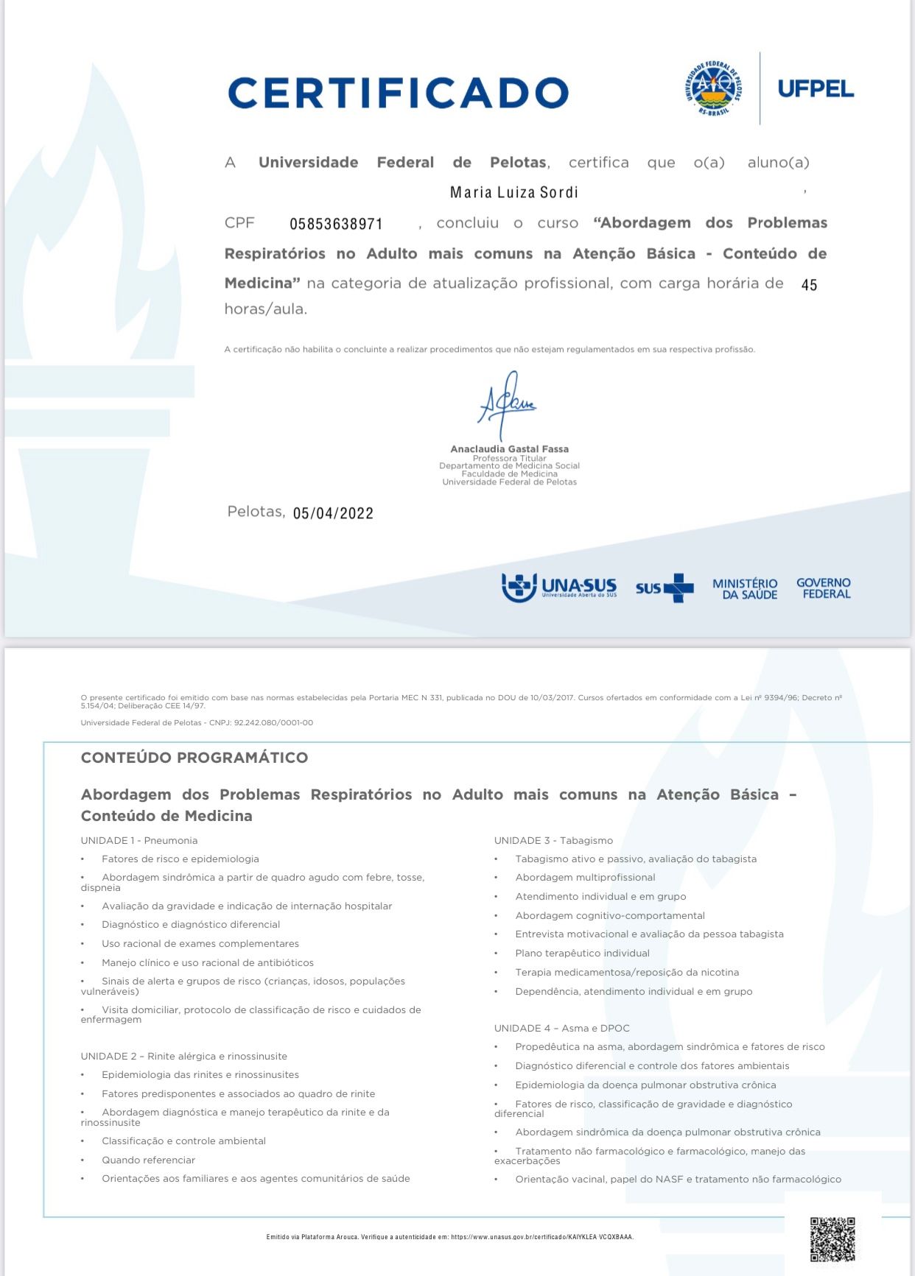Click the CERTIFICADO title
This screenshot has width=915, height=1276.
point(398,93)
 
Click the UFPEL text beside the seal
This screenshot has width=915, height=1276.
point(816,89)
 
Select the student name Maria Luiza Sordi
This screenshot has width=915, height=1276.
point(513,193)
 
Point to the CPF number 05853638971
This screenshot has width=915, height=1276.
point(336,224)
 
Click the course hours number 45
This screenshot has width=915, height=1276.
point(809,285)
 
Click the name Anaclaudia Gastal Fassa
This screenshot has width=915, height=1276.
point(509,448)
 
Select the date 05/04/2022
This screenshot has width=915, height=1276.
point(333,513)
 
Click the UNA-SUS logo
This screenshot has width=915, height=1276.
point(558,587)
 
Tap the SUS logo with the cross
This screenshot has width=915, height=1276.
point(665,588)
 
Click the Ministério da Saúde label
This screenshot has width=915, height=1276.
point(745,588)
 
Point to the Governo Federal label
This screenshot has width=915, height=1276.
point(824,588)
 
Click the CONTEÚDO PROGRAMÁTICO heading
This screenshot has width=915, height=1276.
point(194,758)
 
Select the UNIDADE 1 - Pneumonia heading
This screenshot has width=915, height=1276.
point(139,840)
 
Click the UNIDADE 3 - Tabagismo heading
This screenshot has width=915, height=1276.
point(553,840)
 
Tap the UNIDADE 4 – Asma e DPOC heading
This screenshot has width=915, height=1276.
point(562,1028)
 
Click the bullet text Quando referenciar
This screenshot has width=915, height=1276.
point(148,1160)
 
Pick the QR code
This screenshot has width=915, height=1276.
point(832,1239)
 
